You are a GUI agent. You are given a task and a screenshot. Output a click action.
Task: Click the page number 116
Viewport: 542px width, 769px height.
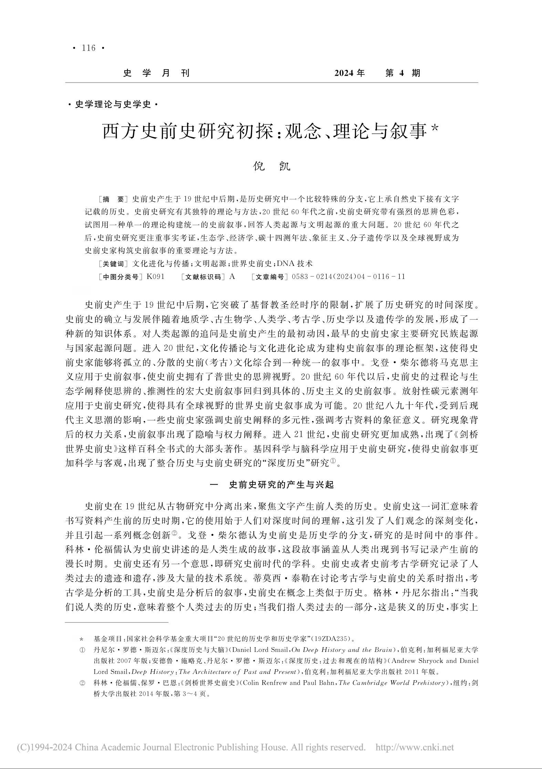pyautogui.click(x=88, y=48)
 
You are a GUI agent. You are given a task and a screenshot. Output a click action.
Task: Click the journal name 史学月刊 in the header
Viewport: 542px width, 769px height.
pyautogui.click(x=156, y=73)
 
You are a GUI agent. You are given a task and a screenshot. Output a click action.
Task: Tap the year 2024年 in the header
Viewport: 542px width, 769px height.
pyautogui.click(x=349, y=73)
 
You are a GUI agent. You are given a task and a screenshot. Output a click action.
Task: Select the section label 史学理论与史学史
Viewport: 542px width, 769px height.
pyautogui.click(x=113, y=105)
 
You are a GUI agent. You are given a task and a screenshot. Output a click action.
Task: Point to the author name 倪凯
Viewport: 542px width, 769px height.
pyautogui.click(x=271, y=166)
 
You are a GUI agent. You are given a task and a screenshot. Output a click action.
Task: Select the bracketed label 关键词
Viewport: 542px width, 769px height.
pyautogui.click(x=113, y=264)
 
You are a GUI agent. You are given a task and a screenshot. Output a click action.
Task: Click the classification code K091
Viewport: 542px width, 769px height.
pyautogui.click(x=155, y=277)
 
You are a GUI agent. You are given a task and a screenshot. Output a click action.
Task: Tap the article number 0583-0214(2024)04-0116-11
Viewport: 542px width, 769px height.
pyautogui.click(x=348, y=277)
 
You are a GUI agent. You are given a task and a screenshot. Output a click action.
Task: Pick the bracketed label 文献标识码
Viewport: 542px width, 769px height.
pyautogui.click(x=202, y=277)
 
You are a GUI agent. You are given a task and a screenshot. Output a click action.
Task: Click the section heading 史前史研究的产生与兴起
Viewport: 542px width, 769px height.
pyautogui.click(x=281, y=485)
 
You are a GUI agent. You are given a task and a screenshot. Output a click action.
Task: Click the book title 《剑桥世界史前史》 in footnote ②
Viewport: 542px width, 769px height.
pyautogui.click(x=209, y=683)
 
